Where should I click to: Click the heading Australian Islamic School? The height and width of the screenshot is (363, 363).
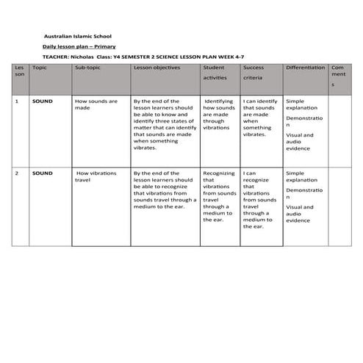(78, 35)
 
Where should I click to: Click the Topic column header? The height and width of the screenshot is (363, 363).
(40, 68)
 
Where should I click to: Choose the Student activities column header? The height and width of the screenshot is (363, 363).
(215, 72)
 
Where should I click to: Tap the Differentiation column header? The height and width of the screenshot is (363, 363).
(305, 68)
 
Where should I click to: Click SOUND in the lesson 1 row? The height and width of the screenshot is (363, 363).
(43, 101)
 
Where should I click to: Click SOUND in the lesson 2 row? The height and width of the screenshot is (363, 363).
(43, 173)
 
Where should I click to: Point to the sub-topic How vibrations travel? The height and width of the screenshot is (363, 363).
(96, 176)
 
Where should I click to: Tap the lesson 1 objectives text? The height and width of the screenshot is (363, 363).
(162, 124)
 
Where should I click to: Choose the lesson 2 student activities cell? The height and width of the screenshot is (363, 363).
(218, 196)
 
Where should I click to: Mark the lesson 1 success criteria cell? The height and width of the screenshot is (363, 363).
(260, 118)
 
